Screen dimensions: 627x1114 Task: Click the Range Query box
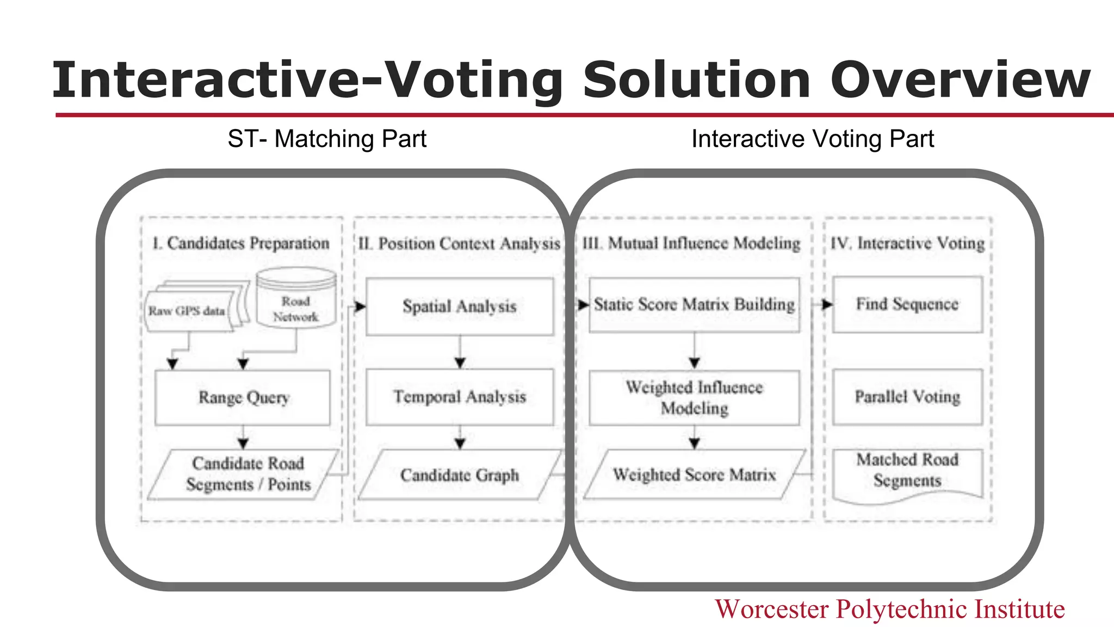[243, 397]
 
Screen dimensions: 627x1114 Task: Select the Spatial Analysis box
[460, 306]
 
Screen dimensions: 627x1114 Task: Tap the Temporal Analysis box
[460, 397]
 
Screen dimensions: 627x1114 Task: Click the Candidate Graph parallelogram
[460, 475]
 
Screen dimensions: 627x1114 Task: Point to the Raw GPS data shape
[188, 311]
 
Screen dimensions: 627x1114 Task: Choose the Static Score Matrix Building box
[694, 305]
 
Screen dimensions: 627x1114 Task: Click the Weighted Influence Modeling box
[694, 397]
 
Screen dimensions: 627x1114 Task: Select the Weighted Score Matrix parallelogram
[694, 475]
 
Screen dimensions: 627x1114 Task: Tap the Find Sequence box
[907, 304]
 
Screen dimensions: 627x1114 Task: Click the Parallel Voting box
[907, 397]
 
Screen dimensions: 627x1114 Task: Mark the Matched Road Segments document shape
[907, 471]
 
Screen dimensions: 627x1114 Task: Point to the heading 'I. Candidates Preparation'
[241, 243]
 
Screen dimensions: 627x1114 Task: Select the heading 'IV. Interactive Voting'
[907, 243]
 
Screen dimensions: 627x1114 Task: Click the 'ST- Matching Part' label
[327, 139]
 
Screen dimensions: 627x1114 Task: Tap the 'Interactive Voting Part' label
[813, 139]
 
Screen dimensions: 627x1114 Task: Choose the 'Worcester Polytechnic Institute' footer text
[889, 609]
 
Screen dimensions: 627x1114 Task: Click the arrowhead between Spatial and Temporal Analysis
[460, 362]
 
